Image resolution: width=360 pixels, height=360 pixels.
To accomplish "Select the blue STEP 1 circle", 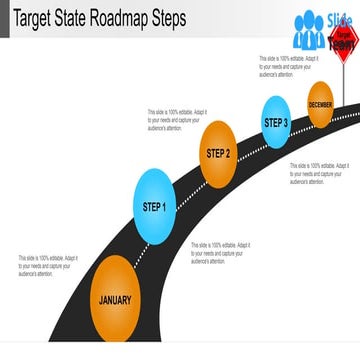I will coord(154,208).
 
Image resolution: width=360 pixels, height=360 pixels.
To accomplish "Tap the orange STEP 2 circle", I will coord(218,153).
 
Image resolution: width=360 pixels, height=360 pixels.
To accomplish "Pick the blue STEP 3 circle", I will coord(276,122).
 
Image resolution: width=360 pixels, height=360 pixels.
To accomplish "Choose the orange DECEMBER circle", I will coord(320,106).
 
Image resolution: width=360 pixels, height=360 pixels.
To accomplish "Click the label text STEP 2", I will coord(218,153).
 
